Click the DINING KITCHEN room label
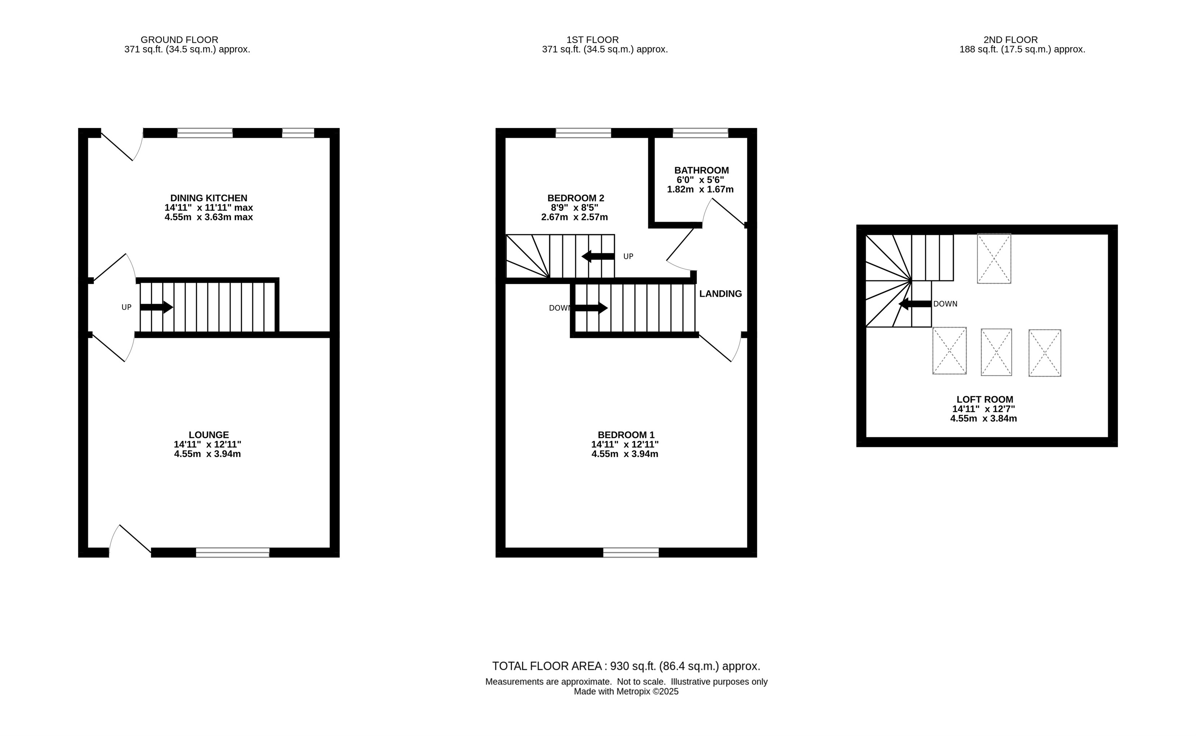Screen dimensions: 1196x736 (x=209, y=198)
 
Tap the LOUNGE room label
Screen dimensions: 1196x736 (x=208, y=435)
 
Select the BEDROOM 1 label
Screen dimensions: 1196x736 (x=626, y=435)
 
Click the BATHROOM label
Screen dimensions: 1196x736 (x=701, y=170)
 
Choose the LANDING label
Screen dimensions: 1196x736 (x=720, y=294)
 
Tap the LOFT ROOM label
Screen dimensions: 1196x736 (x=985, y=399)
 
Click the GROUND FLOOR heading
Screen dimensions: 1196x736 (x=179, y=40)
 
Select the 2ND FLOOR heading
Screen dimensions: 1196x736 (x=1010, y=40)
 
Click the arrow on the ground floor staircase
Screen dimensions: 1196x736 (x=156, y=307)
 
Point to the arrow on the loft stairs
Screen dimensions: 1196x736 (x=915, y=304)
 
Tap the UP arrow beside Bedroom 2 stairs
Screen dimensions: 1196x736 (x=598, y=256)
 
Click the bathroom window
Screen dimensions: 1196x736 (x=700, y=133)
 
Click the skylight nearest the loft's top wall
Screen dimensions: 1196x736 (x=994, y=259)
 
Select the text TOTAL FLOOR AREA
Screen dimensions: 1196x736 (x=547, y=666)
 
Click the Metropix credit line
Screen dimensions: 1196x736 (x=626, y=691)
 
